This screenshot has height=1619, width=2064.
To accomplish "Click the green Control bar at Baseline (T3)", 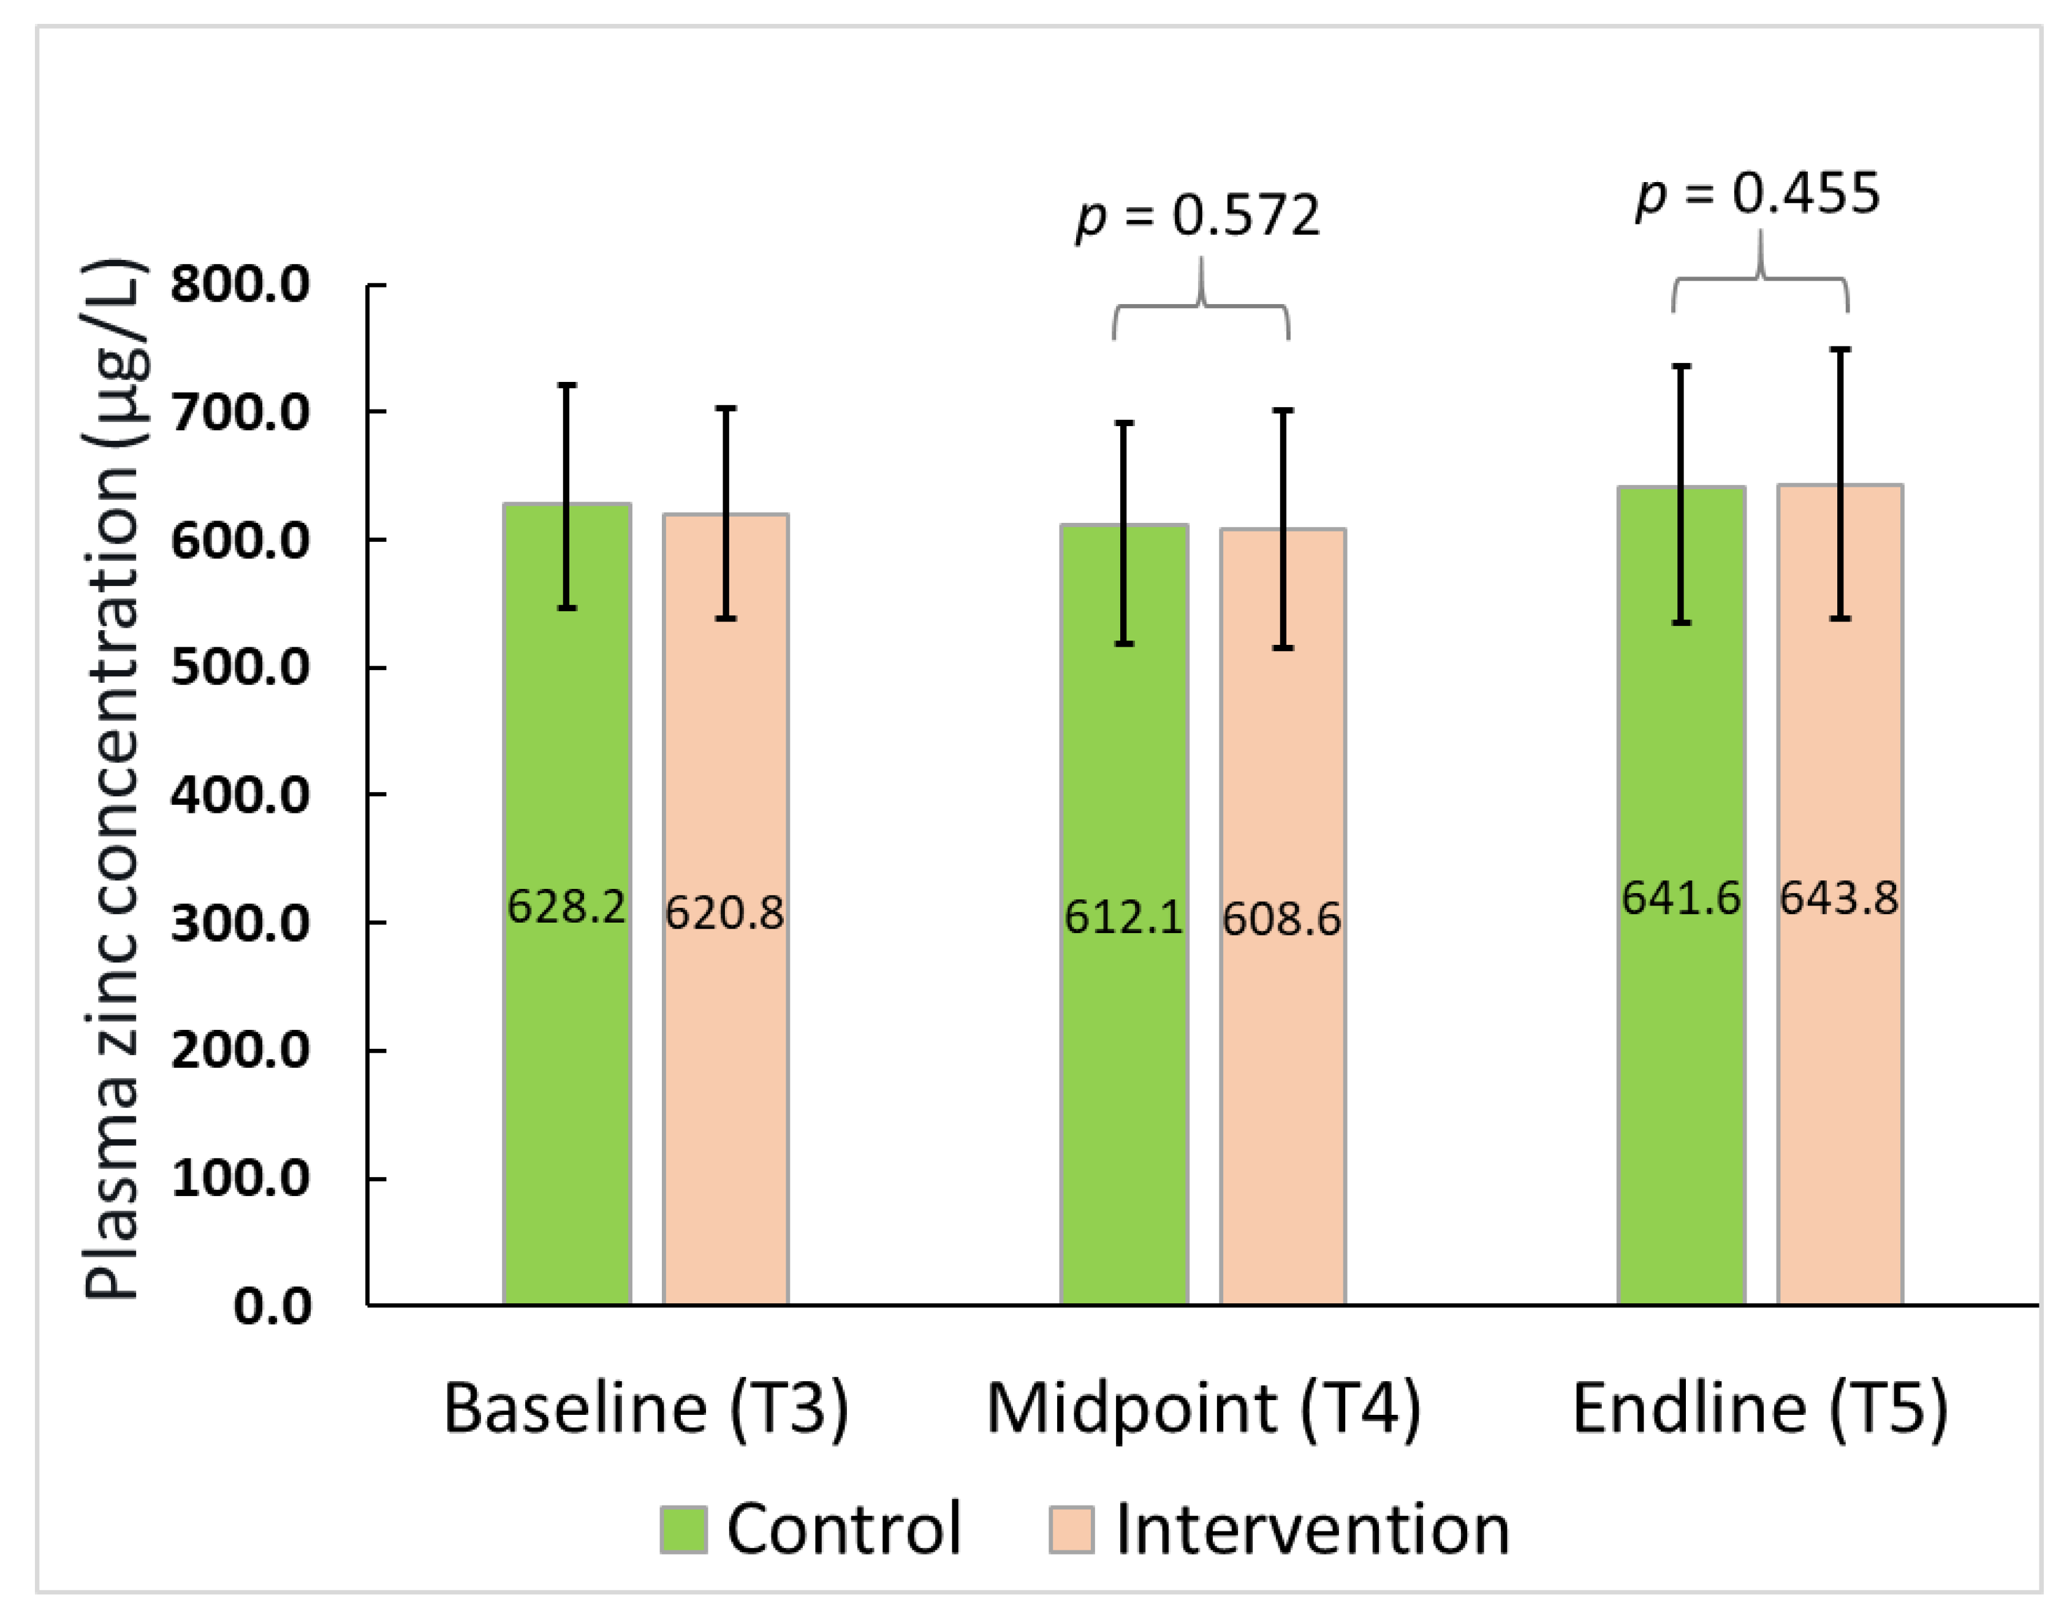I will click(567, 1090).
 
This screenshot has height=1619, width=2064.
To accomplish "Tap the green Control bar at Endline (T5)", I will click(1681, 1090).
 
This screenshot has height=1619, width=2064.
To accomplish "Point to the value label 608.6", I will click(1282, 918).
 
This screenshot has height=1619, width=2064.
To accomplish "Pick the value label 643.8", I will click(1840, 897).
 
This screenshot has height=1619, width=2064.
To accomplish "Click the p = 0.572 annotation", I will click(1198, 217).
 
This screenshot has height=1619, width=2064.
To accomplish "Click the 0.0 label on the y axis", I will click(272, 1306).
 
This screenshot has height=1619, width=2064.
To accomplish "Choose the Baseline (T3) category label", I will click(647, 1409).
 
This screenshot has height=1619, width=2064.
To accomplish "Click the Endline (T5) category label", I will click(1760, 1409).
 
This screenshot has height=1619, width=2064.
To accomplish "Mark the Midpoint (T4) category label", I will click(1204, 1409).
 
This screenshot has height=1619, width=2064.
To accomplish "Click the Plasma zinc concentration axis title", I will click(114, 777).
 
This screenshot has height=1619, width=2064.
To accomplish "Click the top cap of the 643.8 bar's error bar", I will click(1840, 350).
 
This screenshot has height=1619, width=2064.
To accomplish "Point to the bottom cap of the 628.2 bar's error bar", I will click(567, 608).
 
